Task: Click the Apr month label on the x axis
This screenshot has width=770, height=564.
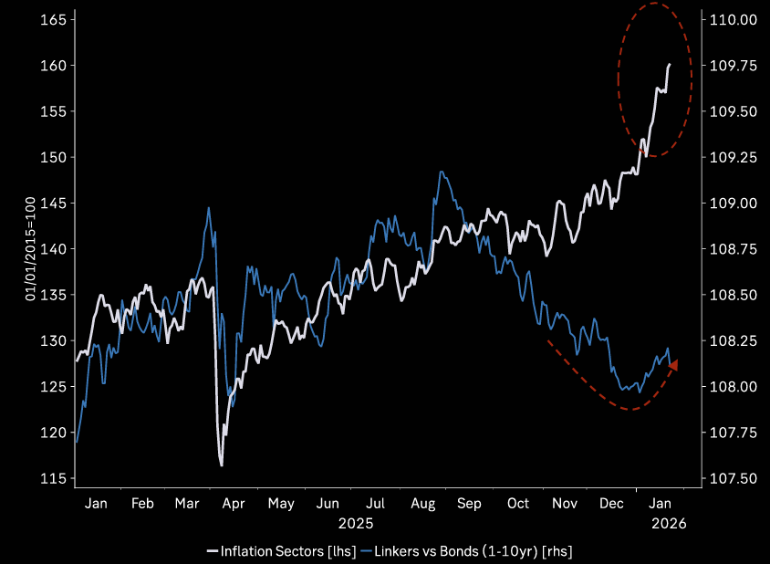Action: pyautogui.click(x=234, y=504)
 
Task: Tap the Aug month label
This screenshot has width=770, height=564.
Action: pyautogui.click(x=423, y=504)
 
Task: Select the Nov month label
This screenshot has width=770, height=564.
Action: pyautogui.click(x=566, y=504)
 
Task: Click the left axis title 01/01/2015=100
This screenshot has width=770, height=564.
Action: pyautogui.click(x=30, y=249)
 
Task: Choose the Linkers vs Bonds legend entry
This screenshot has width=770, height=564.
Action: pyautogui.click(x=466, y=550)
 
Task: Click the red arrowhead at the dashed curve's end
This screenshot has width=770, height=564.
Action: pyautogui.click(x=673, y=365)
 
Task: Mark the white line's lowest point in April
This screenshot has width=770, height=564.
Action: pyautogui.click(x=221, y=465)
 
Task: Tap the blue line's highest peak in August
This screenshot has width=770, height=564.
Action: pyautogui.click(x=442, y=172)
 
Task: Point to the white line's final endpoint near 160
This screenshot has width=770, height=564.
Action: pyautogui.click(x=670, y=65)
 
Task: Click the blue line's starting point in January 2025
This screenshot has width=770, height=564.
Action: pyautogui.click(x=77, y=442)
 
